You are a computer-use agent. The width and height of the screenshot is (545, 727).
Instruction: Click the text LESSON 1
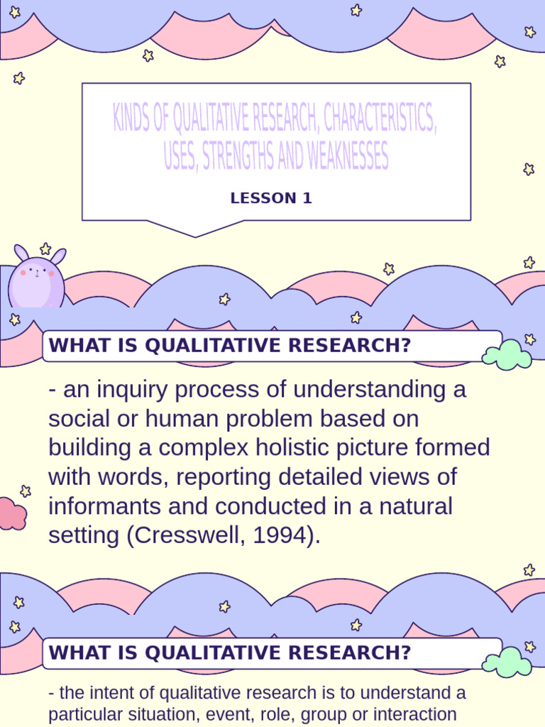(x=271, y=199)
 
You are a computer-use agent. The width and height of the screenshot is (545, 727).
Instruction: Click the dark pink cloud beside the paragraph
(x=11, y=514)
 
